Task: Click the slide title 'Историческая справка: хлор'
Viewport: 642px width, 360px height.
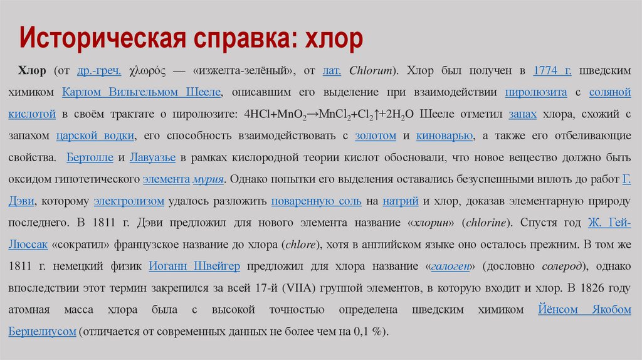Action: click(191, 40)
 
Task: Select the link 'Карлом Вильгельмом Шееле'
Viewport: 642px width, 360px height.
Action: click(141, 92)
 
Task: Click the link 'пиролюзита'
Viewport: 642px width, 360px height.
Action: click(536, 92)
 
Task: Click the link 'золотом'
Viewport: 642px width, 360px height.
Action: click(376, 135)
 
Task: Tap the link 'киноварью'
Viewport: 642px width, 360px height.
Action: click(445, 135)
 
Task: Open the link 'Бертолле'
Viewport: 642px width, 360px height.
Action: click(89, 157)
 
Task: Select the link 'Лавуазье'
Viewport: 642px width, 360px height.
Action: click(154, 157)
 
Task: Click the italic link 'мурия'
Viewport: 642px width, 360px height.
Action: click(209, 179)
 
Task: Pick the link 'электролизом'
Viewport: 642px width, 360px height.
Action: click(129, 201)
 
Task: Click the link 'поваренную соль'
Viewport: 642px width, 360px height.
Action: click(316, 201)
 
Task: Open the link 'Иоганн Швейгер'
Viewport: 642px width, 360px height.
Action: click(194, 266)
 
